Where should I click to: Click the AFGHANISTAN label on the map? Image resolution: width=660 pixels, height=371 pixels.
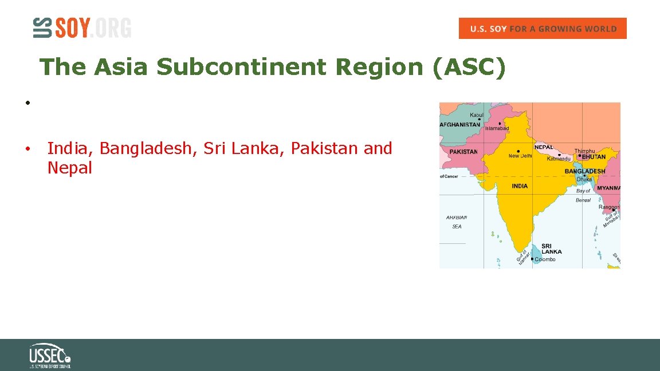coord(460,124)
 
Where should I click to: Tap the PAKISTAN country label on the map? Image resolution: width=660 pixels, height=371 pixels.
coord(463,152)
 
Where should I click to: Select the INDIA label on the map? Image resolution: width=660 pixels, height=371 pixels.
coord(520,186)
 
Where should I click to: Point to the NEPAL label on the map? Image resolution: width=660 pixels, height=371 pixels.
coord(544,147)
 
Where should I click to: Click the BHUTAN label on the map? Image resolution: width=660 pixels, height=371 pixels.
coord(594,156)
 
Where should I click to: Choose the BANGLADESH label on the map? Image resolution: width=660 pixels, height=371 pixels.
coord(585,171)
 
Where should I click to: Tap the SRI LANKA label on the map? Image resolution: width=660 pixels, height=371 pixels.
coord(551,248)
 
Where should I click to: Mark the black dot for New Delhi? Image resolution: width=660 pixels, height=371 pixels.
coord(518,151)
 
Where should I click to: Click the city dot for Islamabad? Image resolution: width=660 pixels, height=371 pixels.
coord(500,123)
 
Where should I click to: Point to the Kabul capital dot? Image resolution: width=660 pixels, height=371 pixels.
coord(479,120)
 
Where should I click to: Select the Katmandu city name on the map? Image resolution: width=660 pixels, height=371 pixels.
coord(559,159)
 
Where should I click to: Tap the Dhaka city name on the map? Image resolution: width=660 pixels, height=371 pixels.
coord(584,179)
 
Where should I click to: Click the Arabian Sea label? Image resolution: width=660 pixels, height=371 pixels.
coord(457,222)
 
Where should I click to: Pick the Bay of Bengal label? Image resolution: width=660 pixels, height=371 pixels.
coord(583,195)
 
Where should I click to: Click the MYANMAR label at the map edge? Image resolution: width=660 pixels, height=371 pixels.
coord(608,188)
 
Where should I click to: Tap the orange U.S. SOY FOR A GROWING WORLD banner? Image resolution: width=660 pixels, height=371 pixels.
coord(543,29)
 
